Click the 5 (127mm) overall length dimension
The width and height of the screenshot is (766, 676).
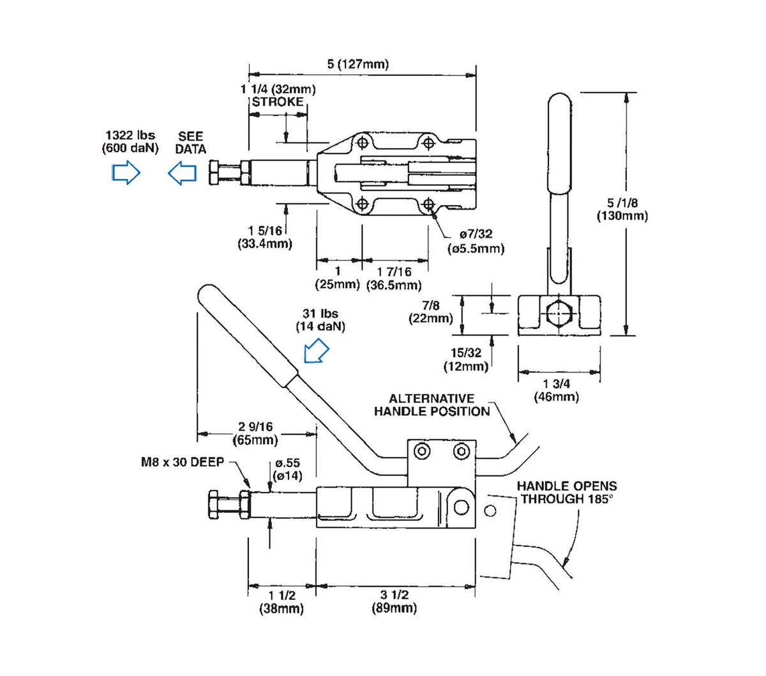click(x=357, y=64)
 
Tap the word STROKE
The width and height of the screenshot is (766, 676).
click(x=278, y=102)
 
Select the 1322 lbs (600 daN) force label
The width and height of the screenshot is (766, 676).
click(x=130, y=142)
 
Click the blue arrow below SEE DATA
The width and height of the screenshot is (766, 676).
click(x=182, y=173)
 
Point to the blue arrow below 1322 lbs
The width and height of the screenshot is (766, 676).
click(x=126, y=173)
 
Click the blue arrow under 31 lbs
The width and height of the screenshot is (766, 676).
click(x=317, y=351)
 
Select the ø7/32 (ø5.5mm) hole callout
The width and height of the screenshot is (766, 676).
click(x=476, y=242)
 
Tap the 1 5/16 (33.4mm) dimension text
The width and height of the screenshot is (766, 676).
click(x=265, y=237)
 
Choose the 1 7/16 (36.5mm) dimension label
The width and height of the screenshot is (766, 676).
click(x=394, y=278)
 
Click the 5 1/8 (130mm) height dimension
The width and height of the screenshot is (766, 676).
click(x=622, y=210)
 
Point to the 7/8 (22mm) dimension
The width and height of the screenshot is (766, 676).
click(x=431, y=312)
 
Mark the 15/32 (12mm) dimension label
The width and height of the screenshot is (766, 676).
click(x=466, y=360)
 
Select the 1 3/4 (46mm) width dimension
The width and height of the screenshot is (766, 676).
click(x=556, y=390)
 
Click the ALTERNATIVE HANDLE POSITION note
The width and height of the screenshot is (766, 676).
click(x=432, y=404)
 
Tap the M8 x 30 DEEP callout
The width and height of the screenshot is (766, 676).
click(x=183, y=462)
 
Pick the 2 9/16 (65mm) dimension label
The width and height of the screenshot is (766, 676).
click(x=255, y=433)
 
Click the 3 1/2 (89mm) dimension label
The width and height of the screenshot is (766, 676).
click(x=394, y=601)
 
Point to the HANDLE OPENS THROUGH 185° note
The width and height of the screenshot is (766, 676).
click(x=567, y=492)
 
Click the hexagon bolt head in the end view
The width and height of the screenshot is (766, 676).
click(x=559, y=313)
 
